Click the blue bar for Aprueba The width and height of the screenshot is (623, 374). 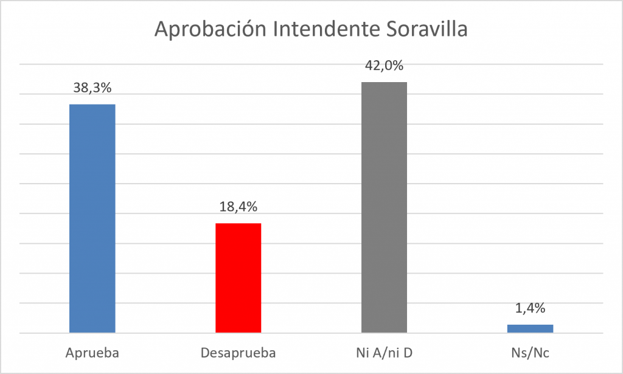92,218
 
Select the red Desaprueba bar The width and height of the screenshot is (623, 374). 238,278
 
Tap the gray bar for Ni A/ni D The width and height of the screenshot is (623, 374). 385,207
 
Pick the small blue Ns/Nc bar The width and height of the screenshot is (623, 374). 530,329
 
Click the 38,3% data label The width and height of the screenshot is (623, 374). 92,88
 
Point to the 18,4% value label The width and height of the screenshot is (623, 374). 238,206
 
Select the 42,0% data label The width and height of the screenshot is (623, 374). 385,66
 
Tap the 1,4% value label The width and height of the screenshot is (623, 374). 530,308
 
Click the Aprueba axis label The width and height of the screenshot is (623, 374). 92,353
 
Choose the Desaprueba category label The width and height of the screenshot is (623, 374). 238,353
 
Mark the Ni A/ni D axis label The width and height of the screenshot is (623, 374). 385,353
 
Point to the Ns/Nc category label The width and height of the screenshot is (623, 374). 530,353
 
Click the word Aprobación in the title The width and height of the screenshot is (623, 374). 210,29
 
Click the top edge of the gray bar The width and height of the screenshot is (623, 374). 385,82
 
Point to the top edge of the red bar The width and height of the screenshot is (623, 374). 238,224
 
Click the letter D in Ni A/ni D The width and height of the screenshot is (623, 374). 408,353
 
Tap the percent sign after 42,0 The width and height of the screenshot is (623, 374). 397,66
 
